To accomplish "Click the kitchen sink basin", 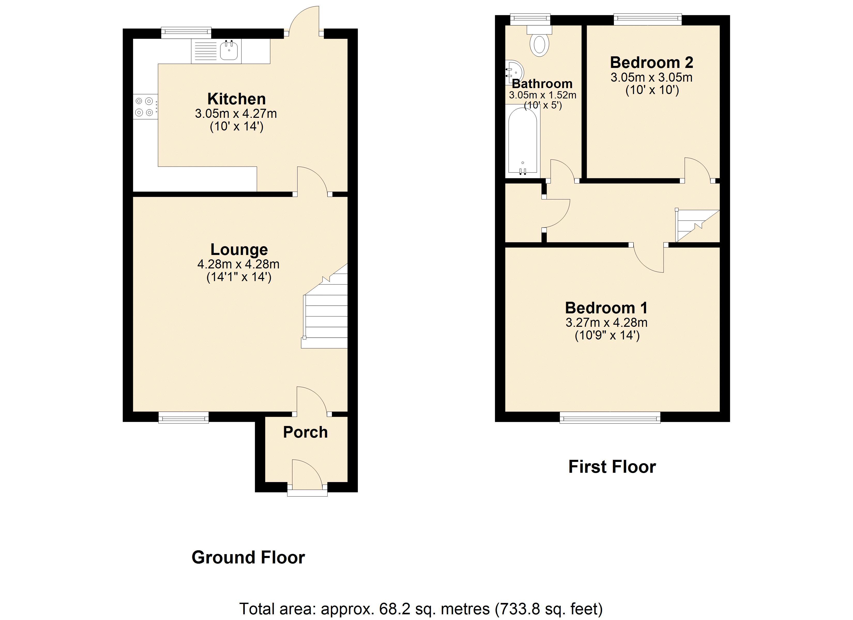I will [229, 51].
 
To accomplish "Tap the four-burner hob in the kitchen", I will [145, 106].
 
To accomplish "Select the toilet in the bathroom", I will [539, 43].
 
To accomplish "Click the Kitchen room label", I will [237, 99].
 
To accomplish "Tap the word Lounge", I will [239, 249].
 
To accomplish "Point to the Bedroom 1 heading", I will [606, 308].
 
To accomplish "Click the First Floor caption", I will [612, 467].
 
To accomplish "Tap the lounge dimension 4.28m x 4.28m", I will [238, 264].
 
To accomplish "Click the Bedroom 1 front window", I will [610, 417].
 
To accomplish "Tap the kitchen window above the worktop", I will [186, 33].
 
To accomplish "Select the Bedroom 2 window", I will [648, 19].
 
